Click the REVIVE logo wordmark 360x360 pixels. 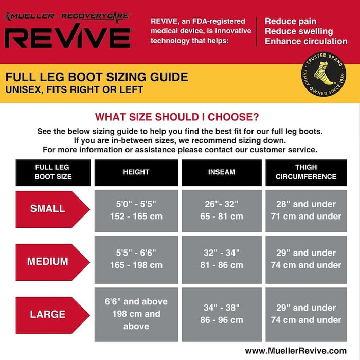68,36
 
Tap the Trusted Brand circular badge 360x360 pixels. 323,74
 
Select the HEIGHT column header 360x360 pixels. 136,172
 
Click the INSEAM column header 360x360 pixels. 222,172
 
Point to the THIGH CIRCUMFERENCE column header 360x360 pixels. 306,172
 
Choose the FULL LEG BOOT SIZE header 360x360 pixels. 53,172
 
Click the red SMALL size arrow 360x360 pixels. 52,209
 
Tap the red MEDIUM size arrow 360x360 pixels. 52,262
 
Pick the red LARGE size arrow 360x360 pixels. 52,315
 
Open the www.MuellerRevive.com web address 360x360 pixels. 296,351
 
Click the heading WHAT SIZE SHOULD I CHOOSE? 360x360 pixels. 177,117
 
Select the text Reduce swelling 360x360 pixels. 299,31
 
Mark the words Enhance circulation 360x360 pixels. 306,41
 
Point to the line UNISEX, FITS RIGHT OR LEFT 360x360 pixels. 75,90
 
